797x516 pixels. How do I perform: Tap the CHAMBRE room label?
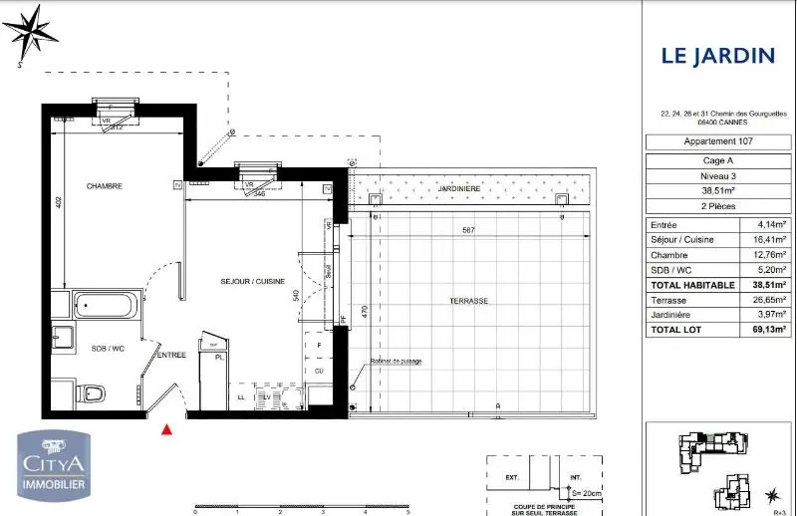click(104, 186)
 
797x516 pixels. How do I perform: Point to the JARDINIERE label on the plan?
click(460, 188)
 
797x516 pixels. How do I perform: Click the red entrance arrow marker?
click(167, 429)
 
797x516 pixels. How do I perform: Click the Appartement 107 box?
click(717, 142)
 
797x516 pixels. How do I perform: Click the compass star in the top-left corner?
click(32, 31)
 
